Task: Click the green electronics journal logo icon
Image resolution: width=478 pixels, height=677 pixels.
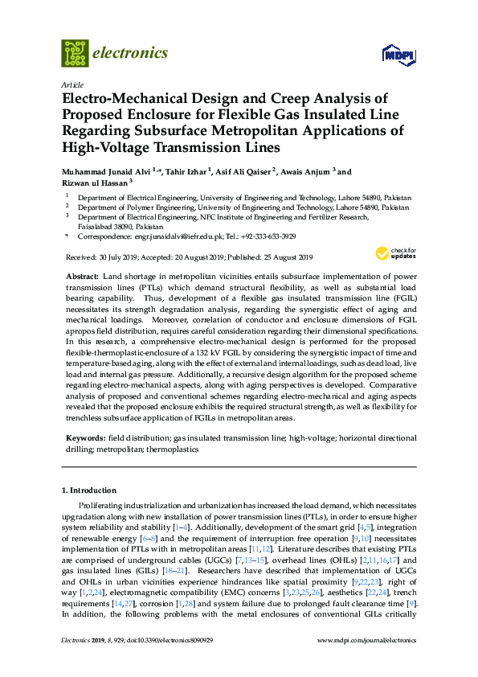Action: coord(75,53)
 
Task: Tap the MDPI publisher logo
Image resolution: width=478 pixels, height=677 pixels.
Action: coord(398,55)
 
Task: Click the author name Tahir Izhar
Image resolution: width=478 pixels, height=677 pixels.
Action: coord(191,172)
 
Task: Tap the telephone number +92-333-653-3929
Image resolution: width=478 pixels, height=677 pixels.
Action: coord(267,236)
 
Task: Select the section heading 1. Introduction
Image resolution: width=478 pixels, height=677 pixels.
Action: coord(88,490)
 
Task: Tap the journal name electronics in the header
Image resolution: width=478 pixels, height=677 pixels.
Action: coord(131,53)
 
